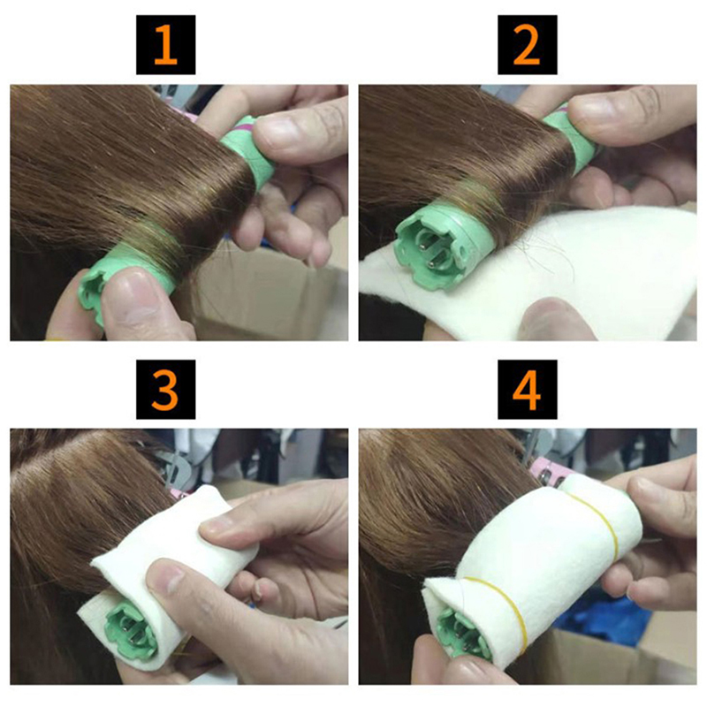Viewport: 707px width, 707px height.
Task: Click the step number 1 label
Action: (165, 45)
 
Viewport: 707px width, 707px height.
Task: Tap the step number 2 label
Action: (527, 45)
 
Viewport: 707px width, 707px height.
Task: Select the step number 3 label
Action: (165, 390)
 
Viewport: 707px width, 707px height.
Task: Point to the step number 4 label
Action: (527, 390)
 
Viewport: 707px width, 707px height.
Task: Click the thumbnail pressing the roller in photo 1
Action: (132, 293)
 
